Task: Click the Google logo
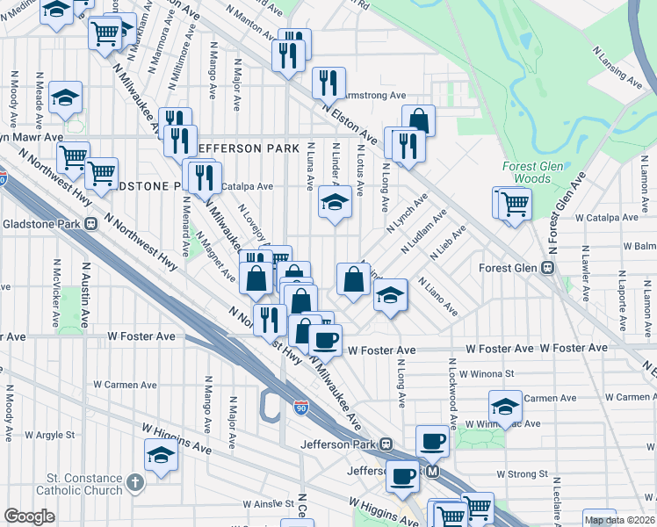[29, 516]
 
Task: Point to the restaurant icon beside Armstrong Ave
[328, 83]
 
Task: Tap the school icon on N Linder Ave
[334, 203]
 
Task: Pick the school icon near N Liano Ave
[392, 295]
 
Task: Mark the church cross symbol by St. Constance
[134, 481]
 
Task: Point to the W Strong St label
[522, 473]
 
